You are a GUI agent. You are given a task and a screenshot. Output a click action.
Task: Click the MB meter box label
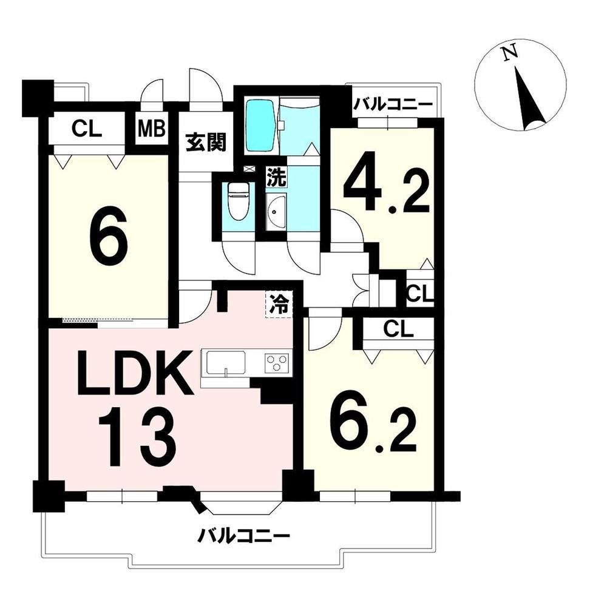(x=152, y=129)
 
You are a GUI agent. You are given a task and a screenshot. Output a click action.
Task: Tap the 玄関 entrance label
(x=206, y=142)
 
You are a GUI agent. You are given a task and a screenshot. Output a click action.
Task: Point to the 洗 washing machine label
(x=276, y=178)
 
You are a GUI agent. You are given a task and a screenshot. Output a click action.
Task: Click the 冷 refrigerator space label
(x=279, y=304)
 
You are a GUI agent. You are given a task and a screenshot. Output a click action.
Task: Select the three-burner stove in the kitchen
(x=277, y=363)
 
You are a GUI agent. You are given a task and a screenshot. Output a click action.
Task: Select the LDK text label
(x=135, y=373)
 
